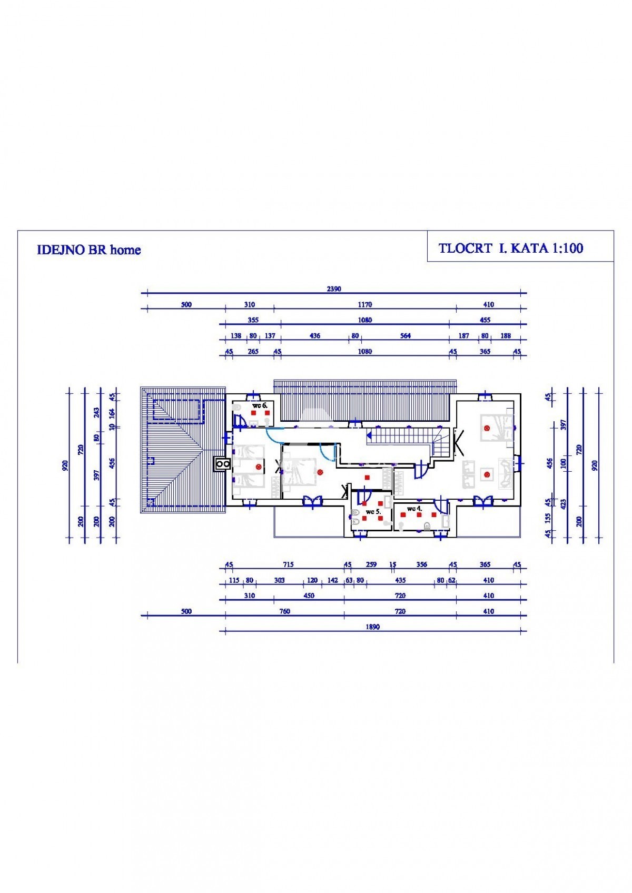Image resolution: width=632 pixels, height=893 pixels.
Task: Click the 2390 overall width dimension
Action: [334, 289]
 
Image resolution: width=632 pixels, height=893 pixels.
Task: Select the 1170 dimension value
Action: [364, 304]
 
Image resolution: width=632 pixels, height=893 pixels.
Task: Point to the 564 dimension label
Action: [405, 335]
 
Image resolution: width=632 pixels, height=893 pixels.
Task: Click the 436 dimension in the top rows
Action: [314, 335]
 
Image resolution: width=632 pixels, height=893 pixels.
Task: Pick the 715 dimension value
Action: [288, 564]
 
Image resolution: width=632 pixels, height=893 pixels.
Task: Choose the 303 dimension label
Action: [279, 580]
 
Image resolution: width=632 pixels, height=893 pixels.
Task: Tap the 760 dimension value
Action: [284, 611]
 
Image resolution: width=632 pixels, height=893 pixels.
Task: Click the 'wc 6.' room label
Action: [260, 405]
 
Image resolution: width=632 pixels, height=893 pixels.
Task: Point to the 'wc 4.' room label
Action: [414, 509]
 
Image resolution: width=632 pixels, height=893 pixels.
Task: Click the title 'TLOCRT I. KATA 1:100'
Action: [511, 249]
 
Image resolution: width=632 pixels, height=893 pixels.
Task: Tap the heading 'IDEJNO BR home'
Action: [89, 250]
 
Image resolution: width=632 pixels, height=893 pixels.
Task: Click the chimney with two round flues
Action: [221, 463]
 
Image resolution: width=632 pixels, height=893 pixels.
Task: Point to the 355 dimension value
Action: [253, 320]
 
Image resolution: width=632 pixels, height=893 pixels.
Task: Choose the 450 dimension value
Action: [309, 596]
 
